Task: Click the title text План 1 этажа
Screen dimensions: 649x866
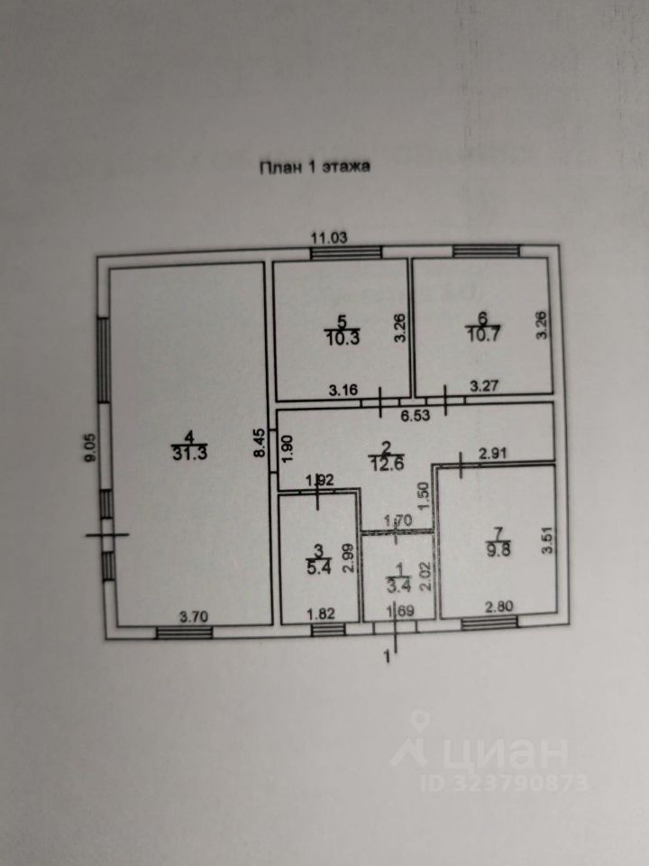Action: pos(315,166)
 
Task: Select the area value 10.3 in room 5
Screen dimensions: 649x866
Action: pos(342,337)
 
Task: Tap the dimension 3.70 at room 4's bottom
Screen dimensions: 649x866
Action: pos(195,617)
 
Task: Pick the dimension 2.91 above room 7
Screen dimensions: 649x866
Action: pos(493,455)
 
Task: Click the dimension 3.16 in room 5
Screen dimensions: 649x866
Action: pos(343,391)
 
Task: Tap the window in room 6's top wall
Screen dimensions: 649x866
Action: pos(485,252)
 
